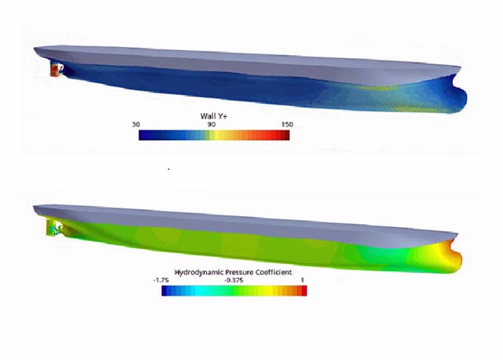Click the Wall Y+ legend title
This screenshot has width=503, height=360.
coord(214,116)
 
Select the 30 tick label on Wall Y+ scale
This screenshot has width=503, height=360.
coord(137,124)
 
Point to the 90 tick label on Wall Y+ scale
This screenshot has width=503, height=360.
coord(212,124)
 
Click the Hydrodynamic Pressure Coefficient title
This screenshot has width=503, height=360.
coord(234,271)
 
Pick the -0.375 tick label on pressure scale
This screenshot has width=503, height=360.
coord(233,280)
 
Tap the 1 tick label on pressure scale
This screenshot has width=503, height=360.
coord(304,280)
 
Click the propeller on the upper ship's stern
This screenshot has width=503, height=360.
coord(55,71)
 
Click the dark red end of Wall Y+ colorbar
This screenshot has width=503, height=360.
coord(285,135)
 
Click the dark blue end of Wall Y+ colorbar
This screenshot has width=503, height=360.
coord(142,135)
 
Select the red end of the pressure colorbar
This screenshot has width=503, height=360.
coord(303,291)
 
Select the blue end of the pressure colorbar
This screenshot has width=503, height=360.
coord(165,291)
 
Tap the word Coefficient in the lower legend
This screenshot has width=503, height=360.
coord(271,271)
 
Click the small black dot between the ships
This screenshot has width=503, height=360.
coord(168,168)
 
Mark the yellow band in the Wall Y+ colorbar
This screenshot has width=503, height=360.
coord(222,135)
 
